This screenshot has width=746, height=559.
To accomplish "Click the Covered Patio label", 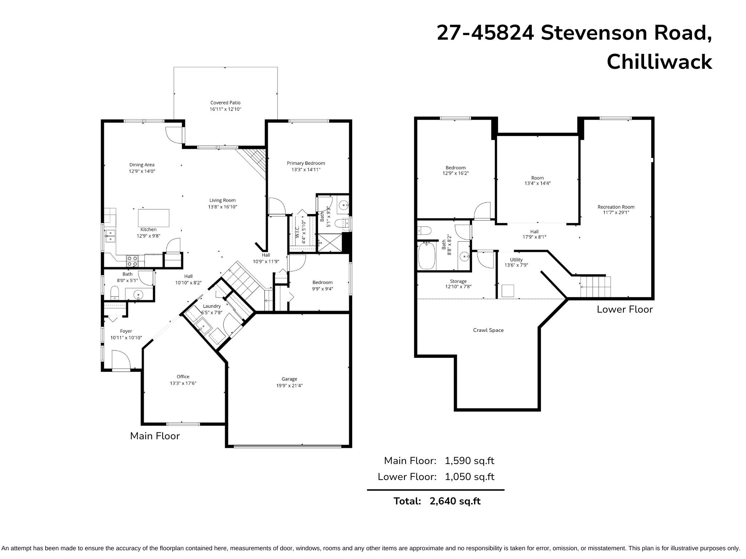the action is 225,103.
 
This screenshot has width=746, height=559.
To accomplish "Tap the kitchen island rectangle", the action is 153,218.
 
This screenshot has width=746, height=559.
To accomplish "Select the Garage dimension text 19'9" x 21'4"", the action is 289,385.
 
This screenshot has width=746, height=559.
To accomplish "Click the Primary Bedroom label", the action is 306,163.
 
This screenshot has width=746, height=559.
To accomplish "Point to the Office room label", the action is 183,377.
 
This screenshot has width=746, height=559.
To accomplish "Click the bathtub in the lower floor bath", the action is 427,256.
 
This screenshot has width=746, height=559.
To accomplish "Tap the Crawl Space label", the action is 488,330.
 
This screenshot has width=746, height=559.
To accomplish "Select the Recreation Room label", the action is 616,207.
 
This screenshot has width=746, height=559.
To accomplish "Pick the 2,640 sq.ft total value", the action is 455,501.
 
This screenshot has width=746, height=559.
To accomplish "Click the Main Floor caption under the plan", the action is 155,436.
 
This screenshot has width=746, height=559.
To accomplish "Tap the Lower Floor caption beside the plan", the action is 625,309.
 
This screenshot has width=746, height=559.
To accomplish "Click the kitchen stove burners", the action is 132,261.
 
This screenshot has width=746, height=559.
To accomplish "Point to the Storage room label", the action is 458,281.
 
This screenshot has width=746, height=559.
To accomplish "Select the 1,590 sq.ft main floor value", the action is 470,461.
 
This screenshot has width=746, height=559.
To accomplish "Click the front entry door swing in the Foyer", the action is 121,360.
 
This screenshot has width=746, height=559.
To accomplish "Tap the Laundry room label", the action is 212,306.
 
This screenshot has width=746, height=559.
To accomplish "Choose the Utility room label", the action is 516,259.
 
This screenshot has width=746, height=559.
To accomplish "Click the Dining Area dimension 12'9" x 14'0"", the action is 142,171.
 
